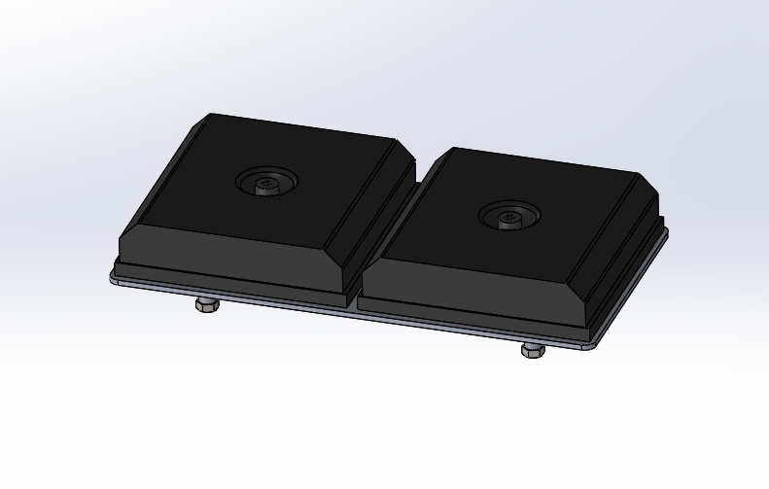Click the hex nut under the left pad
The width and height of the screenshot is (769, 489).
click(x=206, y=305)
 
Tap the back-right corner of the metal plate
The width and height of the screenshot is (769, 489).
click(x=666, y=230)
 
